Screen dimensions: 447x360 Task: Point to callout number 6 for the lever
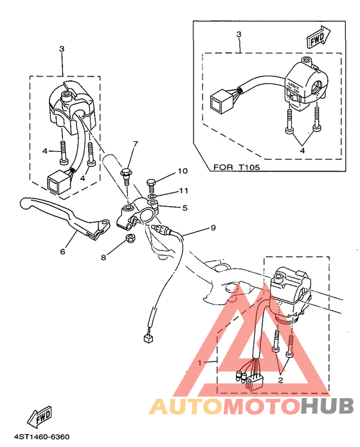point(62,252)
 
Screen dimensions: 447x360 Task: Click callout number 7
point(135,143)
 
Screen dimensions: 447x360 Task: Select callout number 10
point(182,171)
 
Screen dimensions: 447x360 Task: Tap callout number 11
point(183,191)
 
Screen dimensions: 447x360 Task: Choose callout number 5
point(184,208)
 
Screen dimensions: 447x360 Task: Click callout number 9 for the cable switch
point(213,227)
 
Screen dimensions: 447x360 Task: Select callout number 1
point(200,362)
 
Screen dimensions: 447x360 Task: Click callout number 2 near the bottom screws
point(280,380)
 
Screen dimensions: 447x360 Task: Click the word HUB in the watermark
point(327,406)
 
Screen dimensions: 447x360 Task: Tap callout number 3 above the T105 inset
point(238,33)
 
